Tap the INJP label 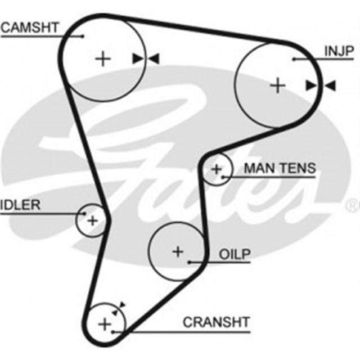[x=339, y=51]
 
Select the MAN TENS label [x=280, y=168]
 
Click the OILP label [x=235, y=255]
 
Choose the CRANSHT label [x=216, y=322]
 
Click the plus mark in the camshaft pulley [x=102, y=58]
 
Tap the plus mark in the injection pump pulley [x=278, y=85]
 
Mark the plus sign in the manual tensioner [x=217, y=168]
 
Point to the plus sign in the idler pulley [x=92, y=220]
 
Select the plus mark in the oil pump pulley [x=178, y=251]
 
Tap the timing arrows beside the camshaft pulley [x=146, y=58]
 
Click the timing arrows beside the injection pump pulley [x=321, y=85]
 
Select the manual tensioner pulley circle [x=217, y=169]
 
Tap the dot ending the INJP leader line [x=294, y=58]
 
